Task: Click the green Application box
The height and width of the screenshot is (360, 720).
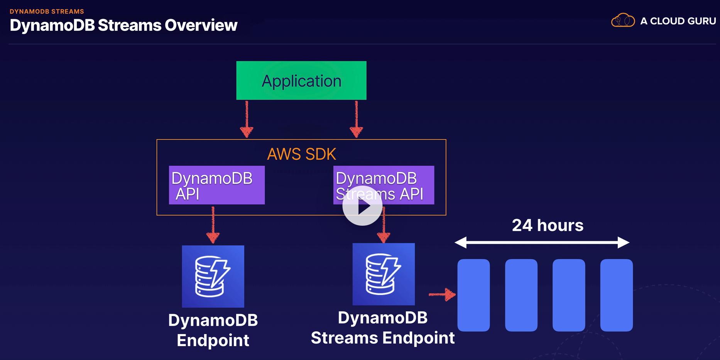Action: (301, 80)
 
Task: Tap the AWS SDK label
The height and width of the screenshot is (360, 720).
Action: (301, 154)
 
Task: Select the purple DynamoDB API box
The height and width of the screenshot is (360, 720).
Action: (216, 185)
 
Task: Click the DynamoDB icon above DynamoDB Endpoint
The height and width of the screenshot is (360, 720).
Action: (213, 276)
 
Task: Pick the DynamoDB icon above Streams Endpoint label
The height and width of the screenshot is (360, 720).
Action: (384, 274)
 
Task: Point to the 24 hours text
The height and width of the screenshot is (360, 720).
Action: (548, 225)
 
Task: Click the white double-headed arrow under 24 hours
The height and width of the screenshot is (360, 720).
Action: (542, 242)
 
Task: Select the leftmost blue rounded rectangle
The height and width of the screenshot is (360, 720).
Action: (473, 295)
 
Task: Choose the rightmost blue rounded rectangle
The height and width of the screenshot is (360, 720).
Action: (616, 295)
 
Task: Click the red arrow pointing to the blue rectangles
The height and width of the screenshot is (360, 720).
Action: (442, 294)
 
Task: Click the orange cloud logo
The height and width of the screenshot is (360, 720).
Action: (623, 20)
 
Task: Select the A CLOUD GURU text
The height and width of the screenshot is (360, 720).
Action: (678, 21)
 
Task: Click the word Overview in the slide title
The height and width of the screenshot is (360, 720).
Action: (201, 25)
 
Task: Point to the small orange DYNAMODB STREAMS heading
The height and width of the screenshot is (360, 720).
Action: (47, 12)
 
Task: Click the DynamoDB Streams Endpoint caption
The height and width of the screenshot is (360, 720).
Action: (383, 328)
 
